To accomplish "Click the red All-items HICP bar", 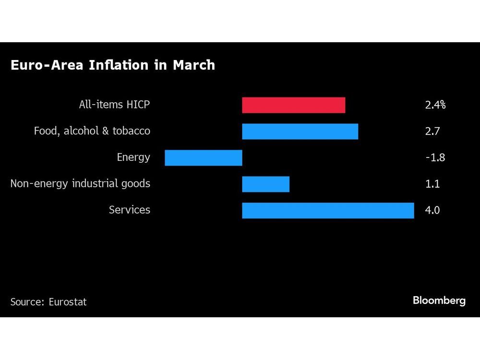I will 293,105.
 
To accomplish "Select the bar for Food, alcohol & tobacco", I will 300,132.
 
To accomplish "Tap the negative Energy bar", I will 204,158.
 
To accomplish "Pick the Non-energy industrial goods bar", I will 265,184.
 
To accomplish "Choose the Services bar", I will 328,211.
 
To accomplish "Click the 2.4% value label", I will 435,105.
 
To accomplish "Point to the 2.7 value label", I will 432,131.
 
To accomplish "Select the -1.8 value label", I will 435,157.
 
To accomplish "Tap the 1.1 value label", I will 432,184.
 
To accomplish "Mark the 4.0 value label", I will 432,210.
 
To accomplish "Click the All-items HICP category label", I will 114,105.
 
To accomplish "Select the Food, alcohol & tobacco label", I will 92,131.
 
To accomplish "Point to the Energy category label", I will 133,157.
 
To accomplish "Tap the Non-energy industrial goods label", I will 80,184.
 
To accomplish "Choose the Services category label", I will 129,210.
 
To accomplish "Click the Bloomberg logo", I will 439,301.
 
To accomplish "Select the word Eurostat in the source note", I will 68,302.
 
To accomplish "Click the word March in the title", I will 194,65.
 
